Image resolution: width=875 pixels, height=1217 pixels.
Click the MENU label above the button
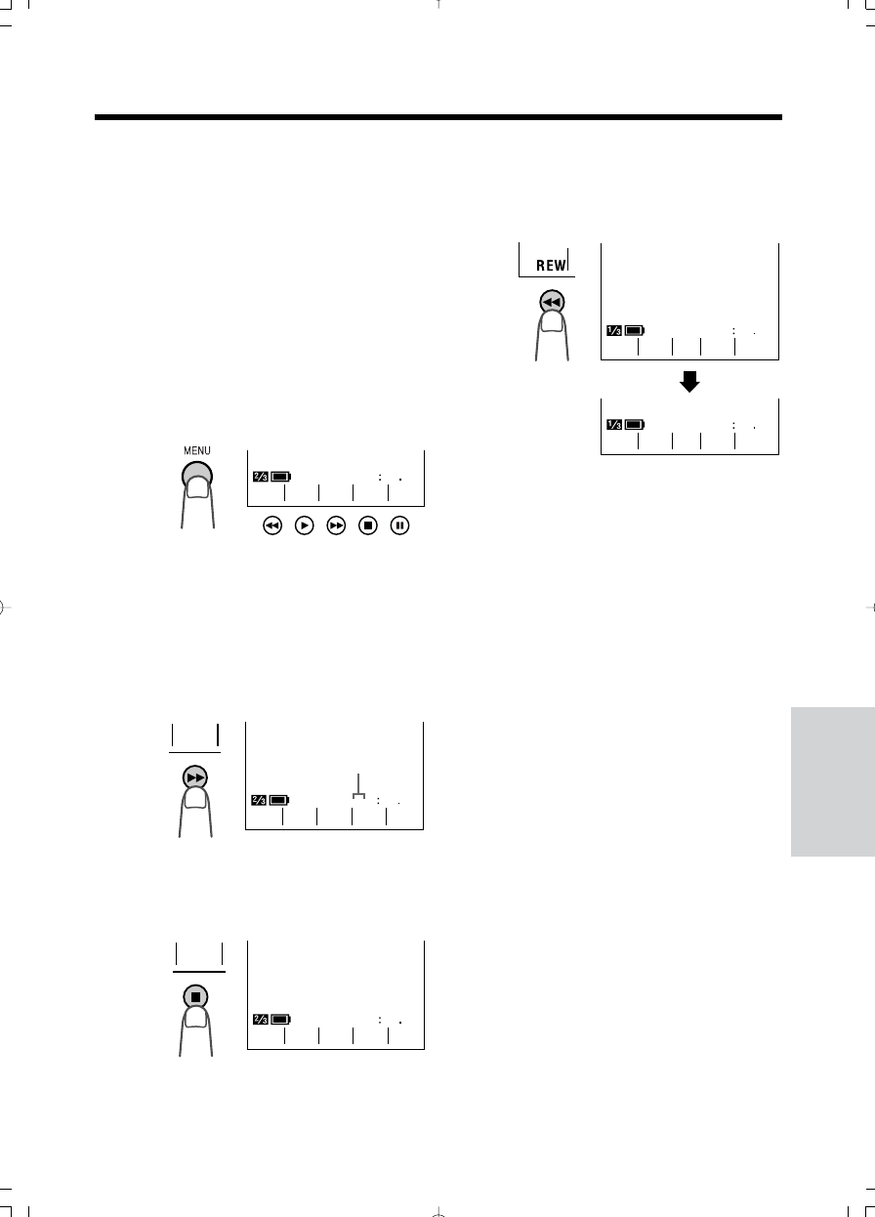pyautogui.click(x=196, y=451)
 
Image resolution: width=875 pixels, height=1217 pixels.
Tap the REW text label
pyautogui.click(x=551, y=265)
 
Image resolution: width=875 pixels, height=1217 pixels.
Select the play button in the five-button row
pyautogui.click(x=304, y=525)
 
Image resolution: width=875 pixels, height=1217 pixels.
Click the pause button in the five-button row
pyautogui.click(x=399, y=525)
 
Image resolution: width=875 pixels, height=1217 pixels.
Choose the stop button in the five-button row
pyautogui.click(x=368, y=525)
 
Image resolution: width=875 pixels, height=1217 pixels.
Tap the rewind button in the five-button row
pyautogui.click(x=272, y=525)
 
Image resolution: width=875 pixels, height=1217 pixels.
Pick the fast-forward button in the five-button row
pyautogui.click(x=336, y=525)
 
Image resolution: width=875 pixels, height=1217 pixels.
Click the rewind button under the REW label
pyautogui.click(x=552, y=301)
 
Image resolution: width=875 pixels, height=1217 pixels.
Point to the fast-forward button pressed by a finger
pyautogui.click(x=195, y=777)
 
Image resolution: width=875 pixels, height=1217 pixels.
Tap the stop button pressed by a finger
pyautogui.click(x=195, y=997)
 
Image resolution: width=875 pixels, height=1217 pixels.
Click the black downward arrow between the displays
pyautogui.click(x=689, y=381)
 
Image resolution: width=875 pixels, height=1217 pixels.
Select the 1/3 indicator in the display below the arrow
pyautogui.click(x=614, y=424)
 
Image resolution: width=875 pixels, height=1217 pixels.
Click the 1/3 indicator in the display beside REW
pyautogui.click(x=614, y=330)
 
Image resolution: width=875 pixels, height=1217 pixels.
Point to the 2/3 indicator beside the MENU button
pyautogui.click(x=261, y=477)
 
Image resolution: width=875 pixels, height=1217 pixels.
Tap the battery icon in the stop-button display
pyautogui.click(x=281, y=1020)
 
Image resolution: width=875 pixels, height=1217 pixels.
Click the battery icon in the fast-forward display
pyautogui.click(x=279, y=800)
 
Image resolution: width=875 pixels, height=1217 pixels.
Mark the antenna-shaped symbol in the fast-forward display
pyautogui.click(x=358, y=786)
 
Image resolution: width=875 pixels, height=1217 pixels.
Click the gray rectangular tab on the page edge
pyautogui.click(x=833, y=781)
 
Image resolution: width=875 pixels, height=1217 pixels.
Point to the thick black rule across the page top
pyautogui.click(x=438, y=117)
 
